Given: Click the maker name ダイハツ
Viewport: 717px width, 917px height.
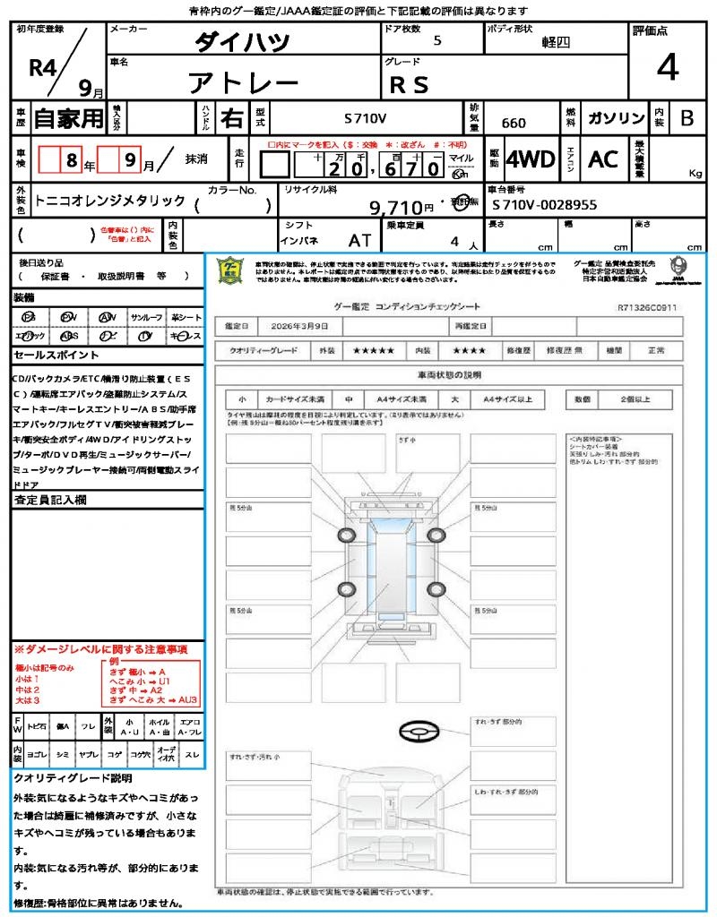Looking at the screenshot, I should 243,41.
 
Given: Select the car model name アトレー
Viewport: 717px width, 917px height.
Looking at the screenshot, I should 243,83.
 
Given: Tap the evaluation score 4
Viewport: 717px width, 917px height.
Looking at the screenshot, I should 667,68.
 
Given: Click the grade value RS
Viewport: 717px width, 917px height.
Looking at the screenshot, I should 409,84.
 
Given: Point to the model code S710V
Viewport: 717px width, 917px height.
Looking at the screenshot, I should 366,118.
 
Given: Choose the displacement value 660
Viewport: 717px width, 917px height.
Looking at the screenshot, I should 514,123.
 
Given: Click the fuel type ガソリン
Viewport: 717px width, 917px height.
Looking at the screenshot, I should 616,118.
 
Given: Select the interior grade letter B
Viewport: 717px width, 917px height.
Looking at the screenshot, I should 687,118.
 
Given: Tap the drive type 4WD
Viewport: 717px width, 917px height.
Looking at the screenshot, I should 531,159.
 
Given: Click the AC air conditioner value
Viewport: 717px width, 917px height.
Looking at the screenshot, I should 603,159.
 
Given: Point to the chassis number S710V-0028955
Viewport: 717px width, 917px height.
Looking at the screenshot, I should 545,205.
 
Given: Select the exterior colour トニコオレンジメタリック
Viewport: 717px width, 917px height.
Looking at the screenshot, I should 110,201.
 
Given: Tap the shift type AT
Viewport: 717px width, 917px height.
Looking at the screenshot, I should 359,240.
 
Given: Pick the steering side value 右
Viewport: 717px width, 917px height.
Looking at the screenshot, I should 231,118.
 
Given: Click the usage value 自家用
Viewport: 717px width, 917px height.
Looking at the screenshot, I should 68,118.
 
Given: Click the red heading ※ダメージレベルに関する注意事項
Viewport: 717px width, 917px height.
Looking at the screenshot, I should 100,647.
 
